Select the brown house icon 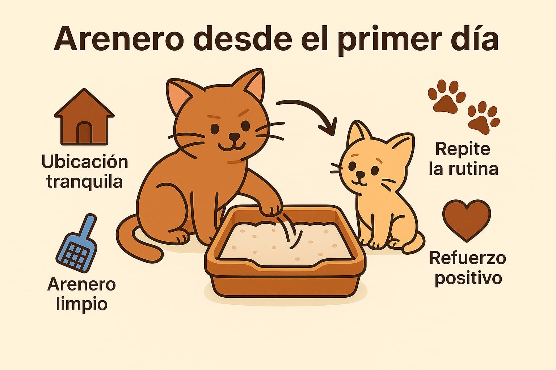click(84, 117)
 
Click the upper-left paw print click(447, 96)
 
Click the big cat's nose click(234, 136)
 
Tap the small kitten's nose click(361, 175)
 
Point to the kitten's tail click(414, 243)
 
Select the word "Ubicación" click(85, 162)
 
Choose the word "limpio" click(82, 304)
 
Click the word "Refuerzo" click(468, 258)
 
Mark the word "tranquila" click(85, 182)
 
